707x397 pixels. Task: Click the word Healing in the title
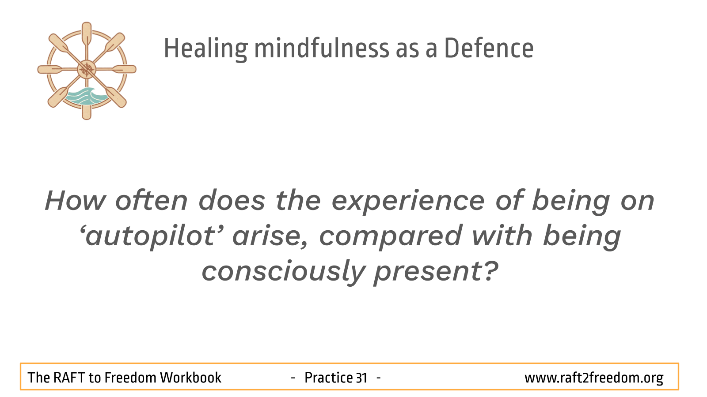point(206,49)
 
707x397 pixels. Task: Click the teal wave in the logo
point(86,96)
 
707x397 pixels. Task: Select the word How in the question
point(76,201)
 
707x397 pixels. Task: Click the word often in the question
point(152,200)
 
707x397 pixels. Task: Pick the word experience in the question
point(408,202)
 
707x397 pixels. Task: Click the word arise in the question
point(270,236)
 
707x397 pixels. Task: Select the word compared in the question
point(391,236)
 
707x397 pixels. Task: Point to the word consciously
point(284,272)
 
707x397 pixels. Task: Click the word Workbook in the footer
point(190,378)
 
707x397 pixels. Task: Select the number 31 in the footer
point(361,378)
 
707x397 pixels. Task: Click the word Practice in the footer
point(328,378)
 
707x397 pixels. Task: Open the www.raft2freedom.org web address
point(594,378)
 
